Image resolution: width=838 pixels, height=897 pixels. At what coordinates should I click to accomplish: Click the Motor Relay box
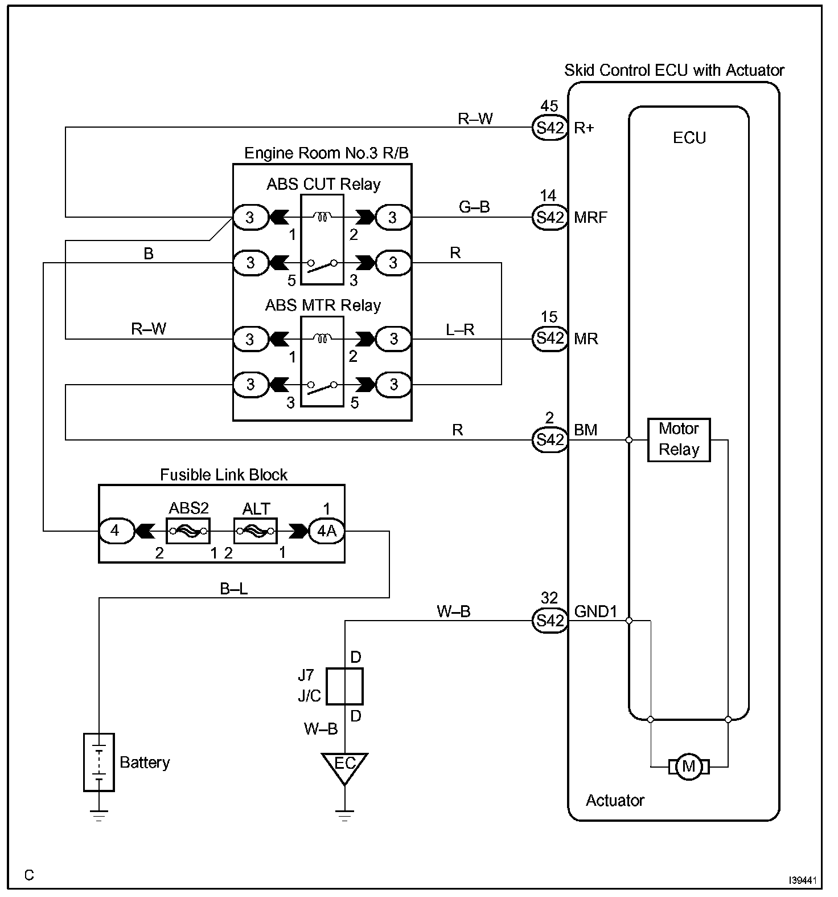click(x=679, y=440)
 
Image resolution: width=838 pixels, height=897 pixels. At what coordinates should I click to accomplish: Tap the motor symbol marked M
click(x=689, y=766)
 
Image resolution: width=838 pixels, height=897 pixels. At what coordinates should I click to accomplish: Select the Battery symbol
click(x=99, y=762)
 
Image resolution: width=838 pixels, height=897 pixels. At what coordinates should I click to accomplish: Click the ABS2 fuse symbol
click(x=188, y=531)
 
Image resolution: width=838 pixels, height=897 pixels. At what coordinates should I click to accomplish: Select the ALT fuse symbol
click(x=256, y=531)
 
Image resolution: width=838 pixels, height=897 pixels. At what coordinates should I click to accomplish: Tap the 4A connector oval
click(x=326, y=531)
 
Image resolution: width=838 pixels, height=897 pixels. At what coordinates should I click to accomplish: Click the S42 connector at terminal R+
click(x=549, y=128)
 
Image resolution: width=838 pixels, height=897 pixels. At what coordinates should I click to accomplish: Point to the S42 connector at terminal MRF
click(x=549, y=217)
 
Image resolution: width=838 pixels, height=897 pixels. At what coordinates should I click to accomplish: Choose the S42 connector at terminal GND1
click(x=549, y=620)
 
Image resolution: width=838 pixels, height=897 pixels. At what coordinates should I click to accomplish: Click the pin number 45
click(x=549, y=107)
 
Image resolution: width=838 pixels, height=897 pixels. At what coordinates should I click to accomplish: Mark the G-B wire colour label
click(x=474, y=207)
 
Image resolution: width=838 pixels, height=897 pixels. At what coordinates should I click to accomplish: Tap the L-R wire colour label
click(x=460, y=329)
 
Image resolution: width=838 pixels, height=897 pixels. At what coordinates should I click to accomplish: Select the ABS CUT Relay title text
click(x=323, y=185)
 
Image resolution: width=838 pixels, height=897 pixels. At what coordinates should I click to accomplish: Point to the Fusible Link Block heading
click(x=224, y=475)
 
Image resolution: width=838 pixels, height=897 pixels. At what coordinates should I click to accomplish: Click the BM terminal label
click(x=586, y=430)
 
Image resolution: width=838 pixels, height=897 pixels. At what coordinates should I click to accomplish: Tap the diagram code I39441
click(x=803, y=880)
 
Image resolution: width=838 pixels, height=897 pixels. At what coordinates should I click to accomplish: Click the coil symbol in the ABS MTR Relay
click(x=322, y=339)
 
